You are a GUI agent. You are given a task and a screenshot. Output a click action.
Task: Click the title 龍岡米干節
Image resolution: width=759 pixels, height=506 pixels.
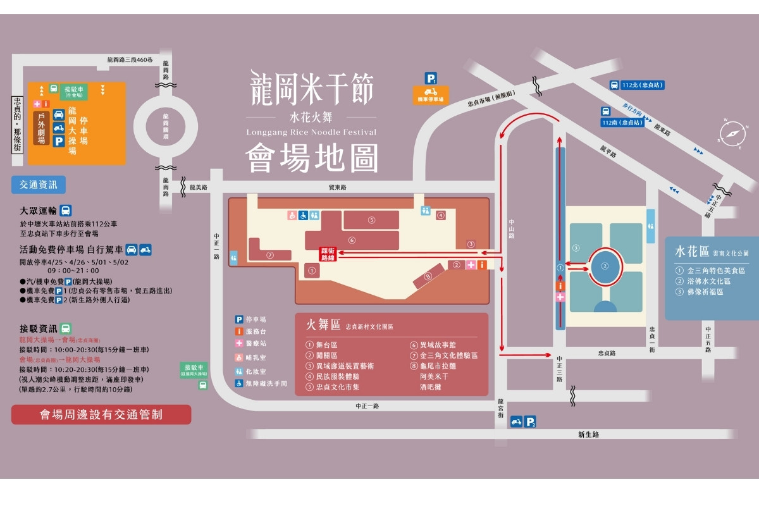pos(311,87)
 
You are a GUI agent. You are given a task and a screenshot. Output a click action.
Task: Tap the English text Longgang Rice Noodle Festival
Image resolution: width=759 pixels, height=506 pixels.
pos(311,132)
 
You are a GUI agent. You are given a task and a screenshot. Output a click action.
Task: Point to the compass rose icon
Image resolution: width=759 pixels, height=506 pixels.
pos(732,133)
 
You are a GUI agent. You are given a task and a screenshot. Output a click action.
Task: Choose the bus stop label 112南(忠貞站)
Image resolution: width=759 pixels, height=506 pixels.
pos(622,123)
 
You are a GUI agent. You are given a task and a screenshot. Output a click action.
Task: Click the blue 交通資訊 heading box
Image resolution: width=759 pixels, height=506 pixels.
pos(38,185)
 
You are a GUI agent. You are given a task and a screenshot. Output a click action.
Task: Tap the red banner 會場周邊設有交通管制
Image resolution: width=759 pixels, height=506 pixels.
pos(101,415)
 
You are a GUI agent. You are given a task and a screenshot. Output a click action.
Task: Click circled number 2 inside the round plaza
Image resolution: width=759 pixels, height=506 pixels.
pos(605,266)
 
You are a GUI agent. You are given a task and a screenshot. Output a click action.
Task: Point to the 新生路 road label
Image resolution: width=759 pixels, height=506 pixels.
pos(588,435)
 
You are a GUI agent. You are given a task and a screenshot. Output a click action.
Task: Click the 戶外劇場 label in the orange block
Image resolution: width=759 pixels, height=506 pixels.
pos(41,129)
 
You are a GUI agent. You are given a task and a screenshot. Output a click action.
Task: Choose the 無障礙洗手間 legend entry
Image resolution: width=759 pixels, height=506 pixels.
pos(261,383)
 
